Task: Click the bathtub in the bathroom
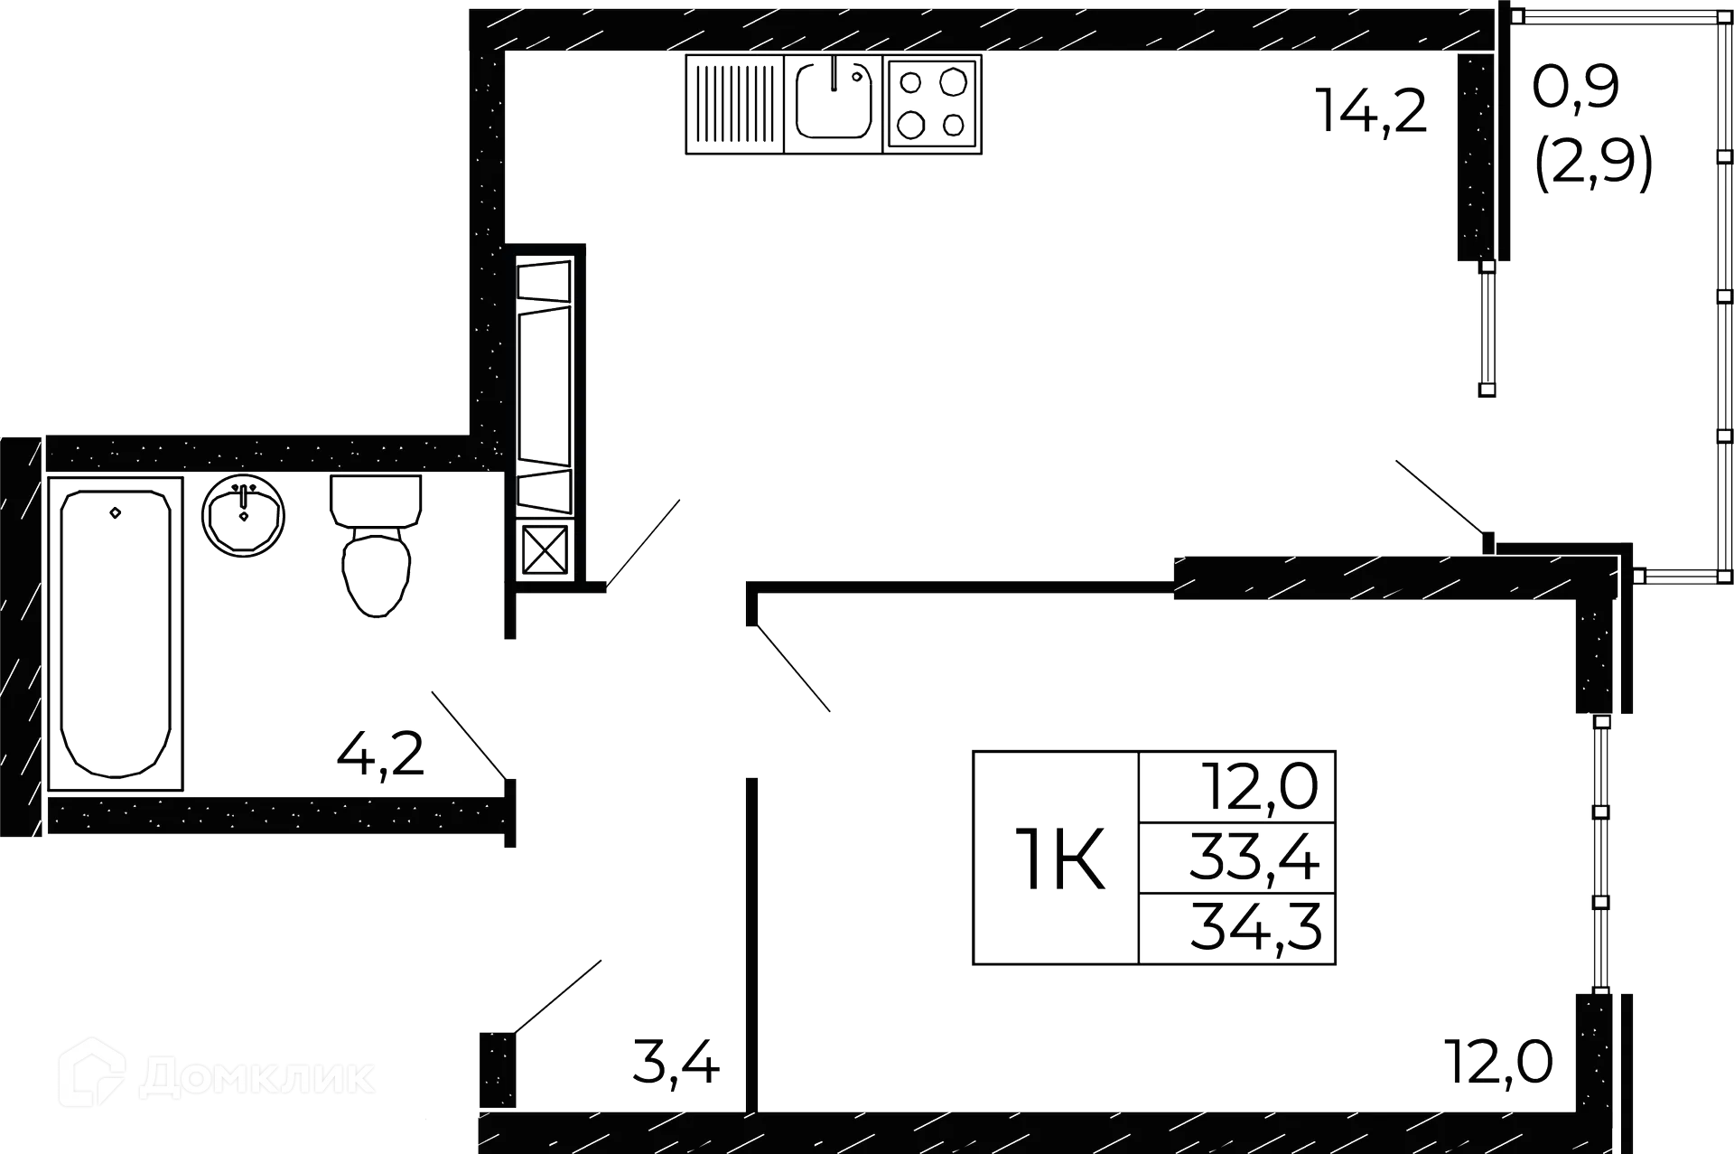tap(116, 633)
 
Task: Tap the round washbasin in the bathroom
tap(244, 518)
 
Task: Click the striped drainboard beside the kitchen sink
tap(732, 104)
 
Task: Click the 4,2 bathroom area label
tap(380, 757)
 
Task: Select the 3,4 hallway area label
tap(675, 1063)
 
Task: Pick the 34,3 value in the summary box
tap(1256, 929)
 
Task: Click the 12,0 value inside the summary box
tap(1260, 786)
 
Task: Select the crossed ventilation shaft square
tap(545, 549)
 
